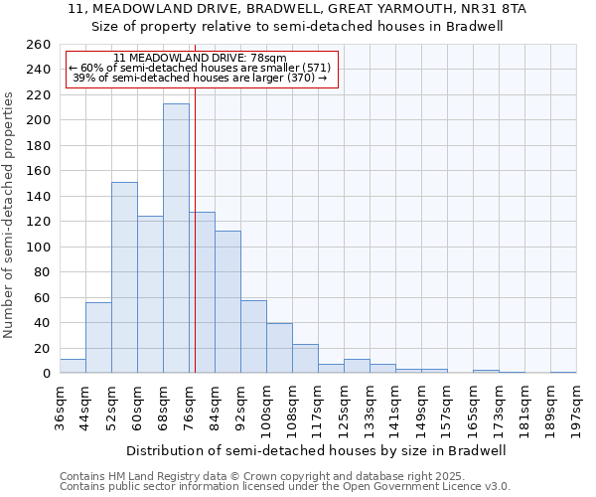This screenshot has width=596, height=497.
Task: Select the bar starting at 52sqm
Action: (x=124, y=277)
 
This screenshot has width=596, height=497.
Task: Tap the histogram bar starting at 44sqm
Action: (x=98, y=337)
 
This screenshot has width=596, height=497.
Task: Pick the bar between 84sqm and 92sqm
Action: (x=227, y=302)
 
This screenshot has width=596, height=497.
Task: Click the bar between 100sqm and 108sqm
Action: (x=279, y=348)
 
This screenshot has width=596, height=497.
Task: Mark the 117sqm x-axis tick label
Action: (x=318, y=408)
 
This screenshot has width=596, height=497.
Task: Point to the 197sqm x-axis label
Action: (x=576, y=408)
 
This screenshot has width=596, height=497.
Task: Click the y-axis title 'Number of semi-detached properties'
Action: (x=10, y=215)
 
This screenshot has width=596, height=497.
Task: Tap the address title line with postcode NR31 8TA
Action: (x=298, y=8)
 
